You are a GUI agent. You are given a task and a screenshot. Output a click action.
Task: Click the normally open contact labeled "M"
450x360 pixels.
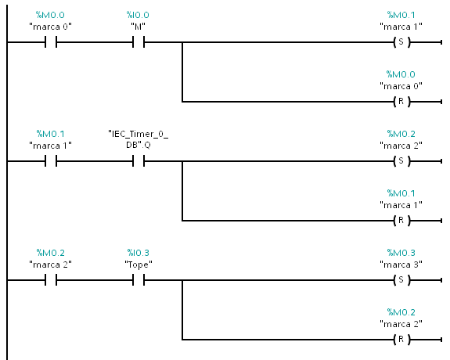point(139,42)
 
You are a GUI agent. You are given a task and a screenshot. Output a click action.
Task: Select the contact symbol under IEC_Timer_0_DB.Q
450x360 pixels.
point(139,161)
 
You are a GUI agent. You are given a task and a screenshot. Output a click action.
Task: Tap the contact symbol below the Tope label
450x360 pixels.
point(139,280)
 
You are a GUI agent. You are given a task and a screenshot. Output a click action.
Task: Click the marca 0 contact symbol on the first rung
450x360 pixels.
point(51,42)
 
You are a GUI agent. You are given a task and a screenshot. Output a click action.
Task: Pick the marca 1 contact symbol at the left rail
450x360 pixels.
point(51,161)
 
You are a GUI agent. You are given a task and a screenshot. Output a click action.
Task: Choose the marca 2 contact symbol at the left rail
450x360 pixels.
point(51,280)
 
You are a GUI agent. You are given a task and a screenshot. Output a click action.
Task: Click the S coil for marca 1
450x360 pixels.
point(401,42)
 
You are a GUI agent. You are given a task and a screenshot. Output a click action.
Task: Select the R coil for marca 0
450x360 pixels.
point(401,101)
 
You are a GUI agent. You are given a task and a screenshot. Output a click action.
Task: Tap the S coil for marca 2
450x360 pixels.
point(401,161)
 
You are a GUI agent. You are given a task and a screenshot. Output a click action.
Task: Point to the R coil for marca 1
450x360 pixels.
point(401,221)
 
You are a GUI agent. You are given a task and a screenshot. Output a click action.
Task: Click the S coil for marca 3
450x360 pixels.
point(401,280)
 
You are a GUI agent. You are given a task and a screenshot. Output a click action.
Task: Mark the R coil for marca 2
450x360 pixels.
point(401,340)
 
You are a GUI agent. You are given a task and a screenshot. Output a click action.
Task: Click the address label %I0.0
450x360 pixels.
point(138,15)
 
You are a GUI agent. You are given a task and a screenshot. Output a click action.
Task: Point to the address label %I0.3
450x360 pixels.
point(139,253)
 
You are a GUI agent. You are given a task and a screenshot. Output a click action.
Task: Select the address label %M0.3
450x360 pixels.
point(401,253)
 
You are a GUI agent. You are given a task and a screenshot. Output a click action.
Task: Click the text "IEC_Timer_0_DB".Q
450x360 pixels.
point(139,139)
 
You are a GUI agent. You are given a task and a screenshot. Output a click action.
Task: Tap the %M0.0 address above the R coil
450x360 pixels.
point(401,74)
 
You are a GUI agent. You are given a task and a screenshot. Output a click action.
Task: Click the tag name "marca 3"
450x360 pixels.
point(401,265)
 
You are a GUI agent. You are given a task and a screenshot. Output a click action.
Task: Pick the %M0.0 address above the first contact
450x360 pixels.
point(50,15)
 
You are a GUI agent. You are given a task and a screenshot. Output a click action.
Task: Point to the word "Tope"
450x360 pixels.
point(139,265)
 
